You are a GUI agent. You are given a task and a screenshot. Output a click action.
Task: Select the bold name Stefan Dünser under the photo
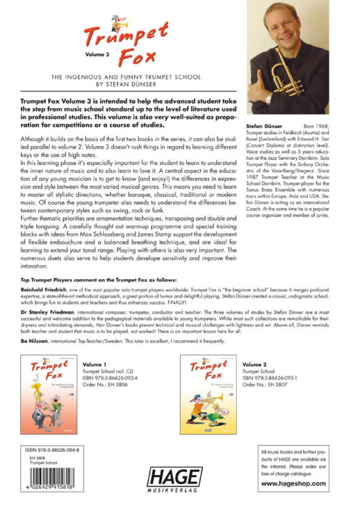[x=264, y=127]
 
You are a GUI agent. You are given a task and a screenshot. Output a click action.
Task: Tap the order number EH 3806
[x=105, y=384]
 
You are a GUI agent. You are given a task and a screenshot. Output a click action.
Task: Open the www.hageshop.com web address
[x=293, y=483]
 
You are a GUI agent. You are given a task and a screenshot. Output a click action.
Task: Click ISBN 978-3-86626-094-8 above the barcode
[x=52, y=449]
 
